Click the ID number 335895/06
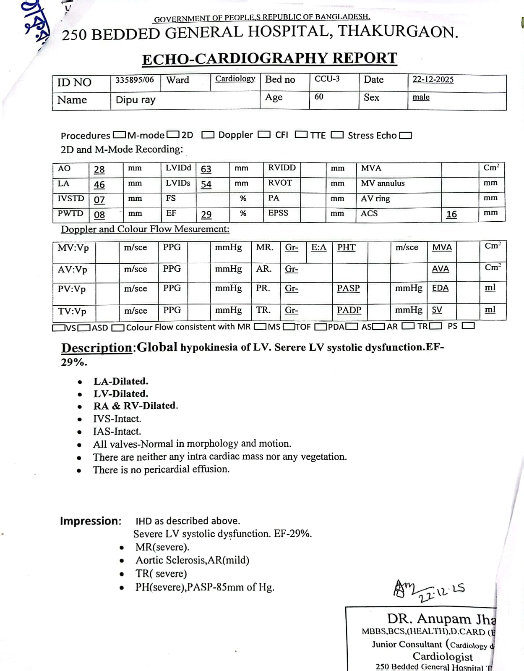pos(135,80)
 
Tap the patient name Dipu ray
pos(136,100)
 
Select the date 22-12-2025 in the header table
pos(433,80)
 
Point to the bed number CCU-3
pos(327,79)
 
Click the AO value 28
pos(99,170)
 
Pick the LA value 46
pos(99,185)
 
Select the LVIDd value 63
pos(206,169)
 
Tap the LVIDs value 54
pos(206,184)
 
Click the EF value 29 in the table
pos(206,215)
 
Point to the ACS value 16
pos(451,215)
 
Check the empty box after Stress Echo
pos(406,136)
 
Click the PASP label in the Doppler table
pos(348,288)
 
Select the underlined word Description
pos(96,348)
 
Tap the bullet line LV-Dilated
pos(121,394)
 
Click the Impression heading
pos(91,521)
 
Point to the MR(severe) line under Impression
pos(162,547)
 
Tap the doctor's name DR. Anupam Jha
pos(441,619)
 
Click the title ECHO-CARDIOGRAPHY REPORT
pos(269,58)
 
